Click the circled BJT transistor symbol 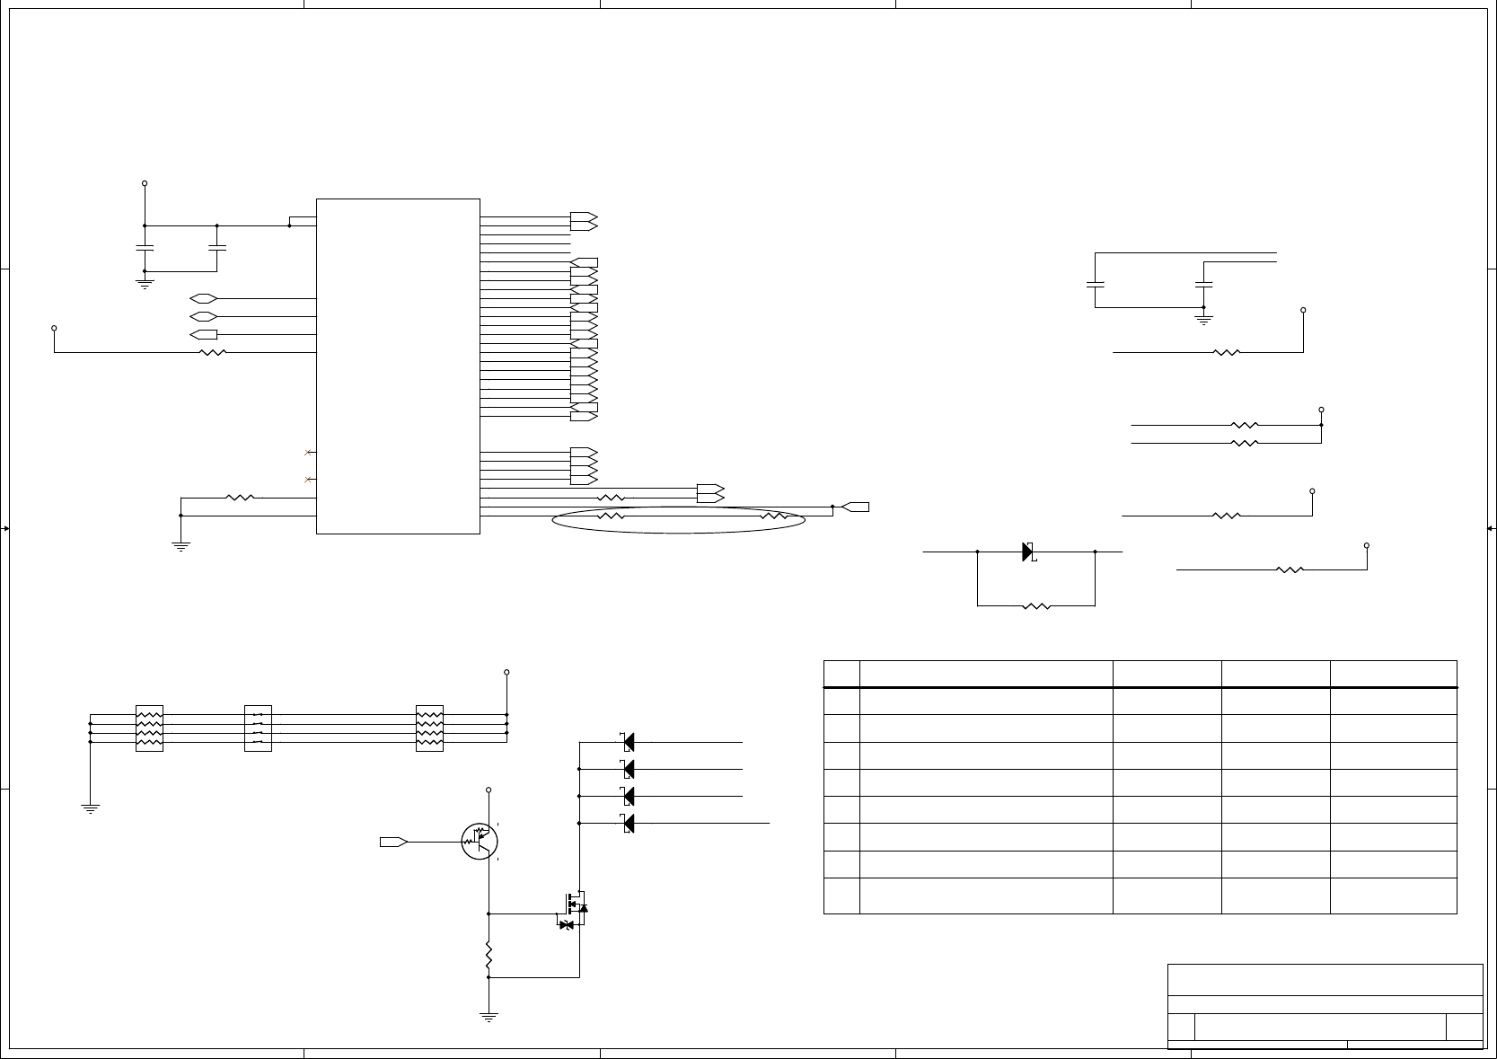[x=480, y=841]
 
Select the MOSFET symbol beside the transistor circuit [x=576, y=901]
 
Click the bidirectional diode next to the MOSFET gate [x=566, y=924]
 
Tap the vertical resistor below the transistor [x=489, y=957]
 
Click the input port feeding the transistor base [x=393, y=842]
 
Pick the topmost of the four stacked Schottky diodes [x=628, y=742]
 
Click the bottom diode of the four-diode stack [x=628, y=823]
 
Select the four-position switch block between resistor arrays [x=258, y=728]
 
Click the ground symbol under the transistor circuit [x=489, y=1018]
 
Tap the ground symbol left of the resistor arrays [x=90, y=807]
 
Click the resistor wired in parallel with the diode [x=1035, y=606]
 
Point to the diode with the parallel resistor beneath [x=1028, y=552]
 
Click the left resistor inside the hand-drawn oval [x=611, y=516]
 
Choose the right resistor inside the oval [x=773, y=516]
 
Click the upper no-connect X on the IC [x=308, y=452]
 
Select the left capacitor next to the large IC [x=145, y=247]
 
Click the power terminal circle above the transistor [x=489, y=790]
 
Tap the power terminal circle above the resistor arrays [x=506, y=672]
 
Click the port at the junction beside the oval [x=857, y=507]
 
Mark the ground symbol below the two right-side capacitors [x=1203, y=318]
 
